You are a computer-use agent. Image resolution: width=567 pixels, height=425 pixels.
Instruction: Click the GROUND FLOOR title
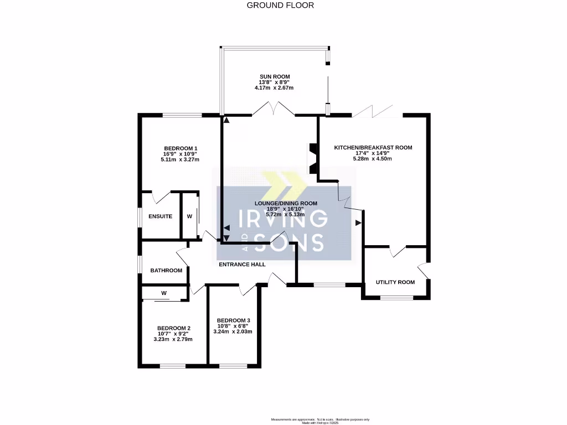(x=280, y=5)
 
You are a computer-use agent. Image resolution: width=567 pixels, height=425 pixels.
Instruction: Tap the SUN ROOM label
(x=275, y=77)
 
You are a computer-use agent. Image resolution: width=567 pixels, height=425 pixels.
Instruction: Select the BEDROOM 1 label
(x=181, y=148)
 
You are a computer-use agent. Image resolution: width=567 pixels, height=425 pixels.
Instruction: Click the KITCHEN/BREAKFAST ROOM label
(x=373, y=148)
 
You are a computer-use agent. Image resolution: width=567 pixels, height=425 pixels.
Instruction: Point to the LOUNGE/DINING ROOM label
(x=286, y=204)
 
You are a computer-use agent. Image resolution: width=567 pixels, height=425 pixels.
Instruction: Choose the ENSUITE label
(x=160, y=216)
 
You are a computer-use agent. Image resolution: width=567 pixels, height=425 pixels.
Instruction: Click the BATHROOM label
(x=166, y=270)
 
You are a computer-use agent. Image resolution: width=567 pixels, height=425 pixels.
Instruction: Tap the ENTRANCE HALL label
(x=242, y=265)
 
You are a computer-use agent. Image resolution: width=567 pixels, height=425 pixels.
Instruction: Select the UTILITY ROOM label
(x=395, y=282)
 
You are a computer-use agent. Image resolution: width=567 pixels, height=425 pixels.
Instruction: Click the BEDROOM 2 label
(x=173, y=327)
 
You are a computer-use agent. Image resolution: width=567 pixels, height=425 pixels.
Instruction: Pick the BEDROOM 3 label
(x=233, y=320)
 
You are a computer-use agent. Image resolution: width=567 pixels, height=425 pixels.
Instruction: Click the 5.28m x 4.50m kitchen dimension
(x=372, y=159)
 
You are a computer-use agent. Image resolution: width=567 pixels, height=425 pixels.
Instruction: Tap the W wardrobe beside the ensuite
(x=189, y=216)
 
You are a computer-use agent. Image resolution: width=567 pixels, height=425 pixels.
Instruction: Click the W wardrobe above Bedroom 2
(x=164, y=293)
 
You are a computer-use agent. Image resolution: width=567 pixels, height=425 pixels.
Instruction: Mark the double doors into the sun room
(x=275, y=110)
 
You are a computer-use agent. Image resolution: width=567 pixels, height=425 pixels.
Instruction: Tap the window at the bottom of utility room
(x=396, y=298)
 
